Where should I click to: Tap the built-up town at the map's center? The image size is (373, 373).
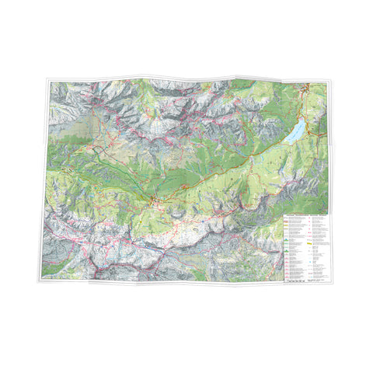click(157, 204)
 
